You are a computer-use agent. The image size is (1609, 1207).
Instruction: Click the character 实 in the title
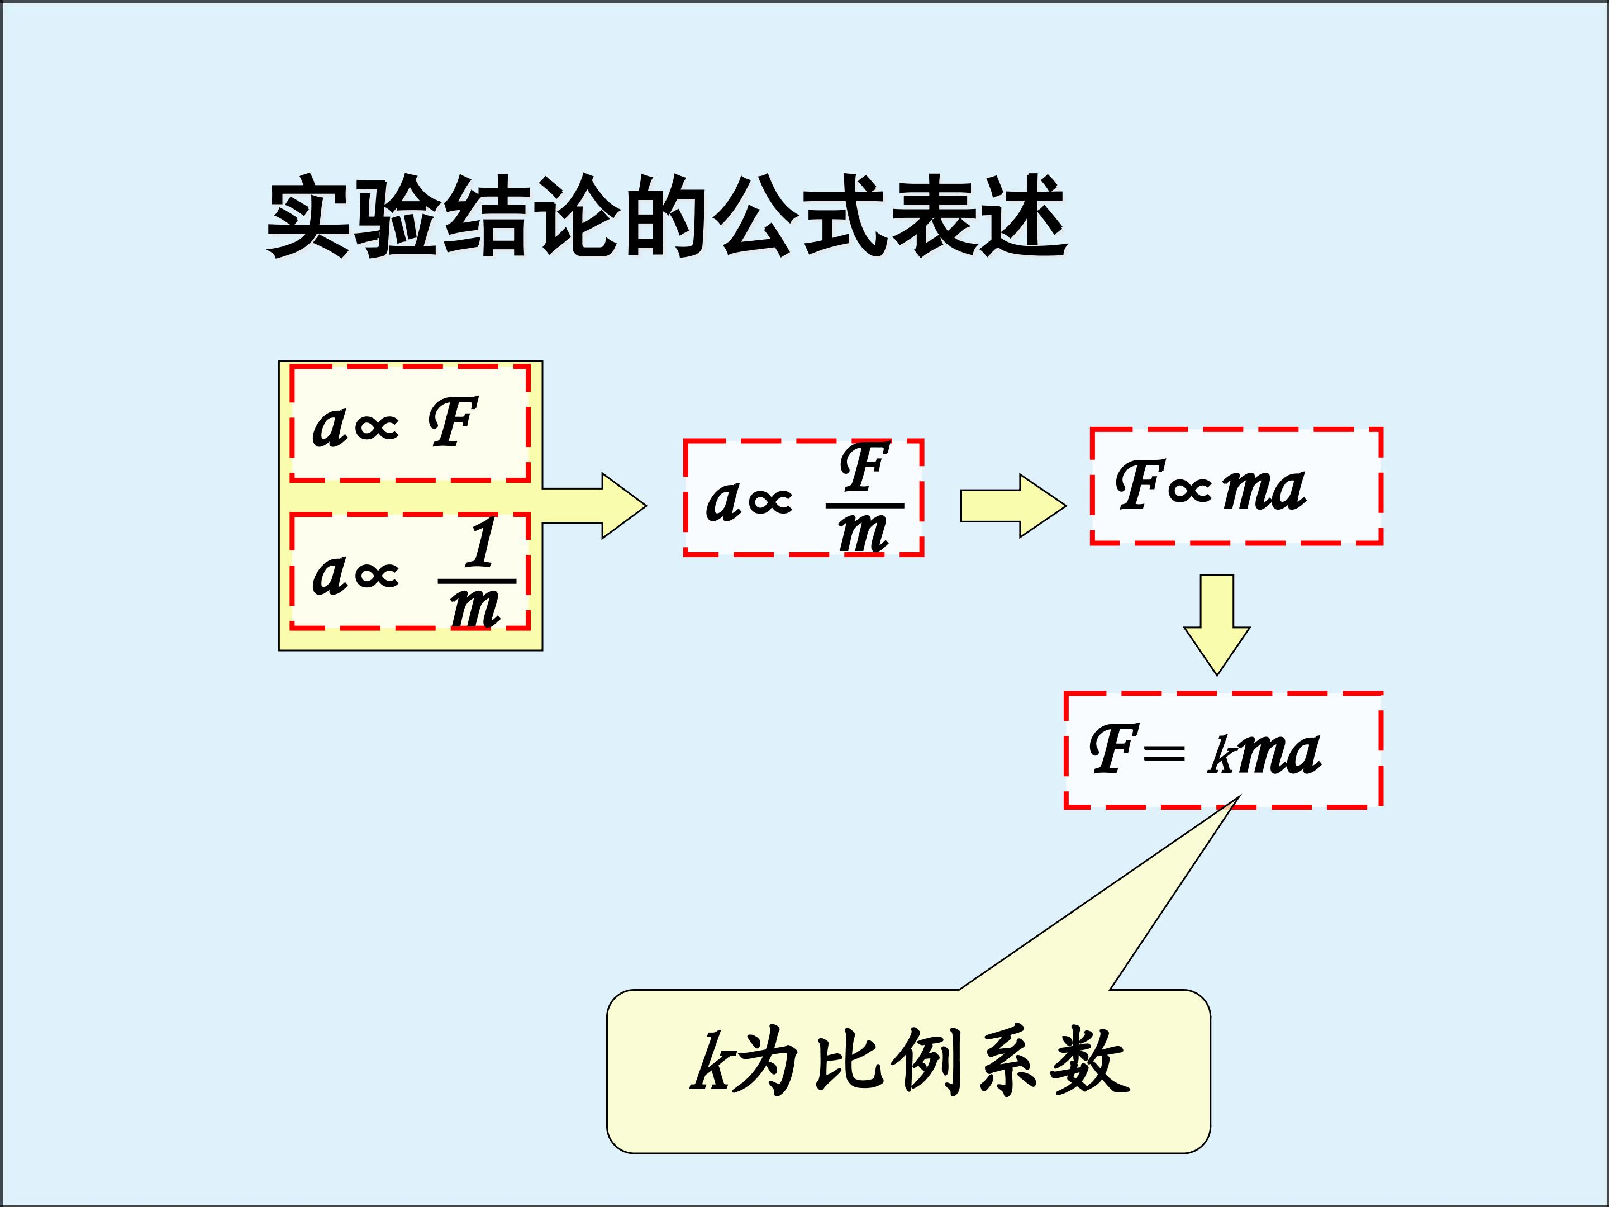point(308,217)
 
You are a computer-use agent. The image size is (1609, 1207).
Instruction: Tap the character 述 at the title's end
point(1026,217)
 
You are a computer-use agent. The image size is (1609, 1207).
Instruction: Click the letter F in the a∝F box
point(453,422)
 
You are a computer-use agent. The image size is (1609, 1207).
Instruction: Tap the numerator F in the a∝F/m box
point(865,467)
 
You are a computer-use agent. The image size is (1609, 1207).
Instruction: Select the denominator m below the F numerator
point(863,533)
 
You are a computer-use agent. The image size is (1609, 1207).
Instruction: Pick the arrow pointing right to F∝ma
point(1013,506)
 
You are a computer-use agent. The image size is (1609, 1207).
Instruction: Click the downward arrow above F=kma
point(1217,625)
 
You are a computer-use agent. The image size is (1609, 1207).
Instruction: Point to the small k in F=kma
point(1221,757)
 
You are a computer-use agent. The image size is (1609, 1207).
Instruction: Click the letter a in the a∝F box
point(328,428)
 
